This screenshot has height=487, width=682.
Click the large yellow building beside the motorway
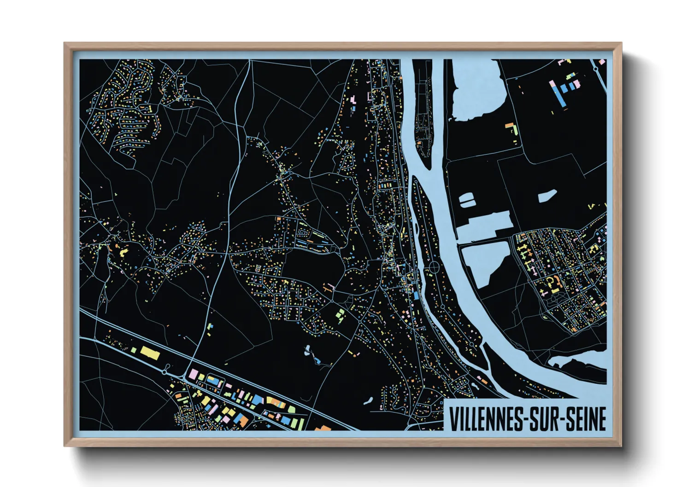pos(150,353)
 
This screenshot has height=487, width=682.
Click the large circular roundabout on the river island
pos(434,266)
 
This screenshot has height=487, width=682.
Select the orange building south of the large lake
pos(509,125)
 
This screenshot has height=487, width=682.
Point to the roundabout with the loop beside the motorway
pos(165,369)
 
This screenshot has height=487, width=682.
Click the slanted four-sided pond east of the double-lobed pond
pos(547,197)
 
